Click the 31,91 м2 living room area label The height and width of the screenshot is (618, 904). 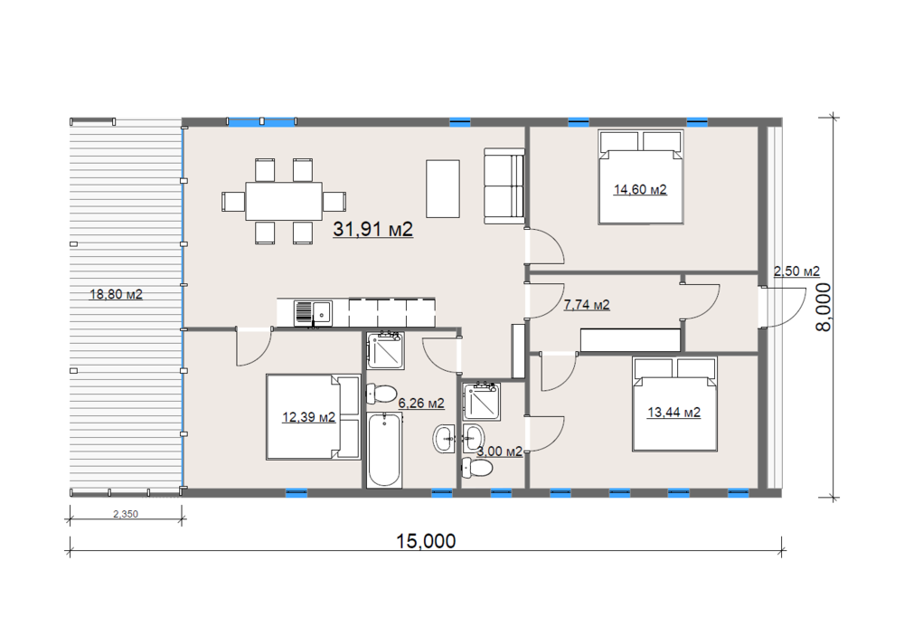[x=373, y=229]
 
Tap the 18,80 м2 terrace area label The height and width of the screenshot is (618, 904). [x=116, y=294]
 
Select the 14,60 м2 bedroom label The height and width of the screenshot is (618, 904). [x=640, y=189]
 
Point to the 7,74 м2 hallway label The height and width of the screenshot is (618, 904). [x=587, y=305]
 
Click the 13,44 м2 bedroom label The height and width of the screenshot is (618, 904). [x=674, y=412]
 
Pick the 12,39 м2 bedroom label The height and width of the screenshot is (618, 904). [x=308, y=416]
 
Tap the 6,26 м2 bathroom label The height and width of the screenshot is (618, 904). [x=421, y=403]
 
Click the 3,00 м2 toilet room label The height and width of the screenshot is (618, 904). [x=499, y=452]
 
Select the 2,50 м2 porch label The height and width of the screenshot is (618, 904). [x=796, y=271]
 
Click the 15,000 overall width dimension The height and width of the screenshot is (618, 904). [x=426, y=541]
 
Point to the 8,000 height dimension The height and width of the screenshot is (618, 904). [x=824, y=307]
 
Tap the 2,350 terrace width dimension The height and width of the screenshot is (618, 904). [x=125, y=514]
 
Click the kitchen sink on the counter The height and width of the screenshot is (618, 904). [x=313, y=313]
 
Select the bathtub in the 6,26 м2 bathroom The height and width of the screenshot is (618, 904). [x=384, y=450]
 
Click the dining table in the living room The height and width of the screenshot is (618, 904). [x=284, y=201]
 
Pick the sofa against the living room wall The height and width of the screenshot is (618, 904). [x=504, y=185]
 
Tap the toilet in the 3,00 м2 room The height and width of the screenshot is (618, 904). [x=476, y=466]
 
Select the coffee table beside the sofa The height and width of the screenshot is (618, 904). [x=443, y=189]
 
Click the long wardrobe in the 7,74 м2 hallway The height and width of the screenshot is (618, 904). [x=630, y=340]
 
